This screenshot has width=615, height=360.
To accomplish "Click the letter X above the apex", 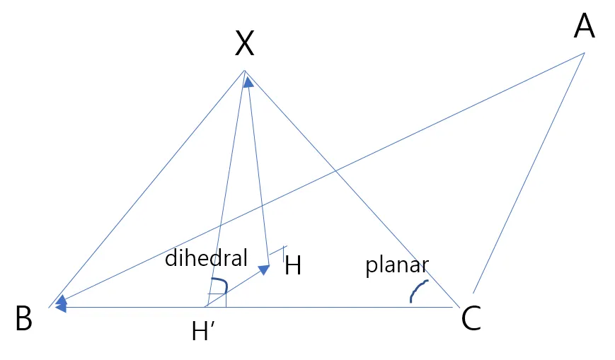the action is [244, 44].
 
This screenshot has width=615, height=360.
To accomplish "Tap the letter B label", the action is [24, 320].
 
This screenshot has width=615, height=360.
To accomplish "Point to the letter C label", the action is [471, 319].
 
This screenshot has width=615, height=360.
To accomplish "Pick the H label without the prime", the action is [293, 267].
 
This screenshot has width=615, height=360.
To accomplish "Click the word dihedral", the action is [206, 258].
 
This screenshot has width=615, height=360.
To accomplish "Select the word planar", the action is [397, 265].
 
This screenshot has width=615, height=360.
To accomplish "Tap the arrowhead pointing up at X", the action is [248, 82].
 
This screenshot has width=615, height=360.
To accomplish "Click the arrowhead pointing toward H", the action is [264, 269].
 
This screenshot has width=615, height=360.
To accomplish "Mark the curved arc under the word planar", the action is [418, 291].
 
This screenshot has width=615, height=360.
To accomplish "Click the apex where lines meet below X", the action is [244, 71].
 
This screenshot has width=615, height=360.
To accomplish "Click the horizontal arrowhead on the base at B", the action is [61, 308].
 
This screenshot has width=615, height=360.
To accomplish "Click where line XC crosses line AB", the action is [334, 170].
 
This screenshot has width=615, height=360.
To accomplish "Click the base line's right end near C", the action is [454, 308].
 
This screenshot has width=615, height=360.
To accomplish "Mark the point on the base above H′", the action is [205, 307].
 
